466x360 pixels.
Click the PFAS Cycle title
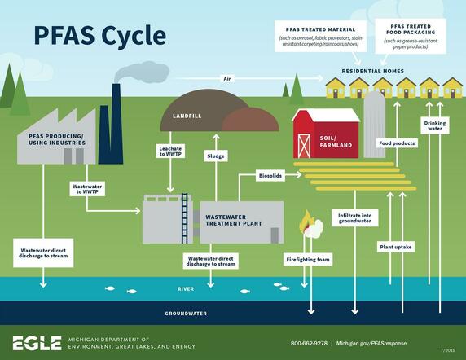(99, 35)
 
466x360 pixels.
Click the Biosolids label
(270, 173)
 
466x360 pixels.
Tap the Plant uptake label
(394, 245)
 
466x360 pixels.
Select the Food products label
(397, 143)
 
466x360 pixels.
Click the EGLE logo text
(37, 342)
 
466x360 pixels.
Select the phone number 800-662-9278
(310, 343)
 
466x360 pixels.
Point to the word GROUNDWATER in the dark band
(183, 311)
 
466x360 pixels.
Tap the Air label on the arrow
(227, 79)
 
